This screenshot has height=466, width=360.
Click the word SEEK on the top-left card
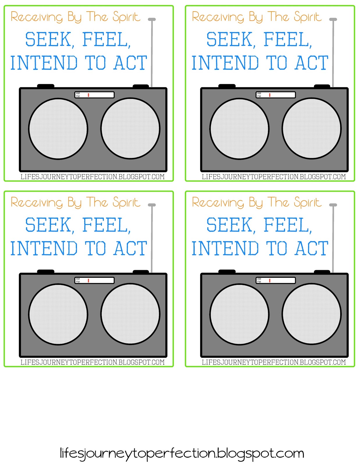coord(48,39)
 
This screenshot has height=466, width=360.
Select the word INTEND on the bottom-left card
coord(44,248)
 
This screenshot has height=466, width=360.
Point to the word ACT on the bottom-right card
coord(311,248)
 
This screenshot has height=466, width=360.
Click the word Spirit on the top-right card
coord(308,17)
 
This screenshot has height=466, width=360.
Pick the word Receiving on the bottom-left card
coord(37,202)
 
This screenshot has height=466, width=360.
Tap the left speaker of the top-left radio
coord(58,129)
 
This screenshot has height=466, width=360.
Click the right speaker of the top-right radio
coord(312,128)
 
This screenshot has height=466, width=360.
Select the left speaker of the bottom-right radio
coord(239,314)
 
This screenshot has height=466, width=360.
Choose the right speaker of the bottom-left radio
coord(130,314)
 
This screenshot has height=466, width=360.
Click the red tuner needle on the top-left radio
coord(88,95)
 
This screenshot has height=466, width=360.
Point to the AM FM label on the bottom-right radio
coord(259,280)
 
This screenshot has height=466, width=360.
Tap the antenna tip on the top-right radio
coord(333,19)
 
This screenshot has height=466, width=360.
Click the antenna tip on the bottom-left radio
coord(152,205)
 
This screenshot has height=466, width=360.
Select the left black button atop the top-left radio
coord(46,86)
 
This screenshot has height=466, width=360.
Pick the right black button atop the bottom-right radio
coord(322,272)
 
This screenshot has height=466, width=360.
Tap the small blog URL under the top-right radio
coord(274,177)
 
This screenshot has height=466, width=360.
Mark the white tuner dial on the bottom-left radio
coord(95,280)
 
